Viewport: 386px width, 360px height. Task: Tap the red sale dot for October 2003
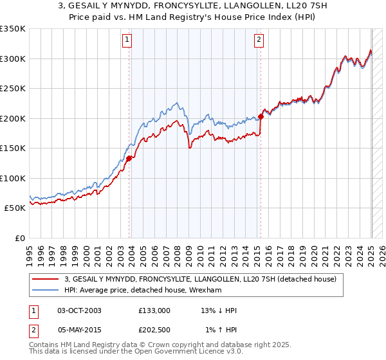coord(129,157)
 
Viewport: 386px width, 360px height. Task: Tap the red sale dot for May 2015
coord(261,116)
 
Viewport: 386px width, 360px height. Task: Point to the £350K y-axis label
coord(12,29)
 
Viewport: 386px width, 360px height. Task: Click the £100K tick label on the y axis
coord(12,179)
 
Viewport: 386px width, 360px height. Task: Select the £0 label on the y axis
coord(19,239)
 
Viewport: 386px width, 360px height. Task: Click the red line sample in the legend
coord(46,279)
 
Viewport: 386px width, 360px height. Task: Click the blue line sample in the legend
coord(46,291)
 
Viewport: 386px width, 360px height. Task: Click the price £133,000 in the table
coord(154,310)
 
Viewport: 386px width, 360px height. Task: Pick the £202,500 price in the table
coord(154,330)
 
